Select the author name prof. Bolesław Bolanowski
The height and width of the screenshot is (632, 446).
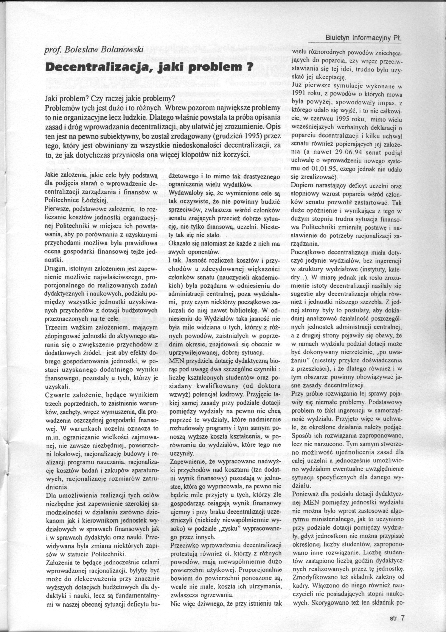click(94, 50)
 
